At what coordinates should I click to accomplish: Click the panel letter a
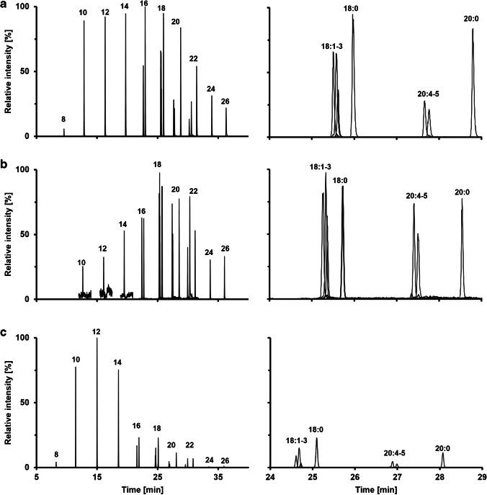click(5, 5)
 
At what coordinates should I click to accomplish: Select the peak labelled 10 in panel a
click(84, 13)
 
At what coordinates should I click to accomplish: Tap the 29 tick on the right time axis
click(482, 476)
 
